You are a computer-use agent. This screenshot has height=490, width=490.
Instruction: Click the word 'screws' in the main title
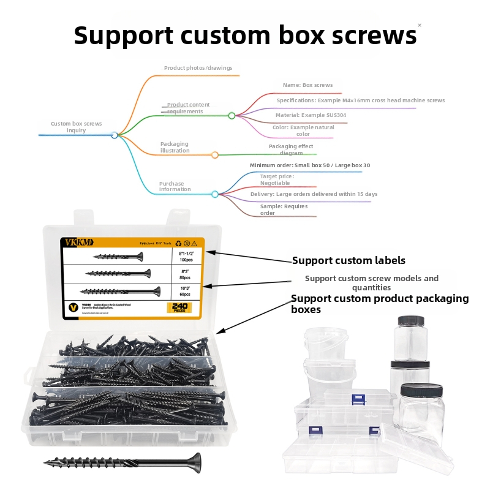point(365,36)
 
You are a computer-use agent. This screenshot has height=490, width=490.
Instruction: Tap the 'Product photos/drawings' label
point(198,68)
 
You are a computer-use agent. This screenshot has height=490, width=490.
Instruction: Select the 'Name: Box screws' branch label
point(307,86)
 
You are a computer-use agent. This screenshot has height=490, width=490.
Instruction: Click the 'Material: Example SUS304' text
point(311,115)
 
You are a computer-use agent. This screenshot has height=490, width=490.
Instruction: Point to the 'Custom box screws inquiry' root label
point(77,127)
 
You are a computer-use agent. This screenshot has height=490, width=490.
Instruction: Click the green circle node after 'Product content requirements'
point(232,115)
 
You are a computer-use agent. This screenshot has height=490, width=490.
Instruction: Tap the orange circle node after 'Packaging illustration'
point(215,155)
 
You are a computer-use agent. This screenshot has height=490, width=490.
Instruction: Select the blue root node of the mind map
point(115,135)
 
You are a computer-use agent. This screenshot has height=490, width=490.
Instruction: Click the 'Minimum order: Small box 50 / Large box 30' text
point(310,165)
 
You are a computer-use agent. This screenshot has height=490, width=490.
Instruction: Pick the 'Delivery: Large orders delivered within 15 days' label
point(314,194)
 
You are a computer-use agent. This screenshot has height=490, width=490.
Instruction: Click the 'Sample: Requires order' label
point(284,209)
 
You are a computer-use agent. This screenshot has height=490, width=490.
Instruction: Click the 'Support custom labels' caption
point(348,260)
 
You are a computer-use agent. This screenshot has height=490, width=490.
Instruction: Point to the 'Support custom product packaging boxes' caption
point(379,304)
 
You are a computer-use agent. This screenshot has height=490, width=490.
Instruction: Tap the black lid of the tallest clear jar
point(411,321)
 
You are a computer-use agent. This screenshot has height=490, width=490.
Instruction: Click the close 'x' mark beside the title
point(420,25)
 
